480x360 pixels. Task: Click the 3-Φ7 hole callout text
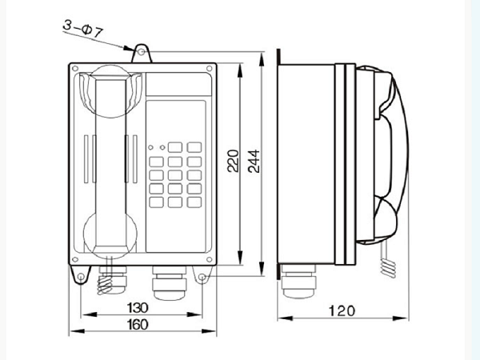coord(82,29)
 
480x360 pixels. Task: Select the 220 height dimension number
coord(233,161)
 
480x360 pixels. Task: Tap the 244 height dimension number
coord(254,162)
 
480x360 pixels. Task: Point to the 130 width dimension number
coord(138,308)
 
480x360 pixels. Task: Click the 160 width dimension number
coord(138,325)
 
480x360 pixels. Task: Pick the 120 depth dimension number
coord(342,310)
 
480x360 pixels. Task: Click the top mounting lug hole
coord(141,52)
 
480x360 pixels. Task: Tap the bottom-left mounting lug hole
coord(81,277)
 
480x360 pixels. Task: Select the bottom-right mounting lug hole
coord(202,278)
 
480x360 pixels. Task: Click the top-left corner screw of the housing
coord(75,68)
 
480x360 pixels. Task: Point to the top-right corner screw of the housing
coord(210,68)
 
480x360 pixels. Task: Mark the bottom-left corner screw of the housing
coord(75,259)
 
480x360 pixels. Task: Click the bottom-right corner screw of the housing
coord(210,259)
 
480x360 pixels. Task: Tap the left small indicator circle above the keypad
coord(150,147)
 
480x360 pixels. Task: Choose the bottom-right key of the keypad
coord(194,202)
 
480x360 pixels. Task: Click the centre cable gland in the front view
coord(169,282)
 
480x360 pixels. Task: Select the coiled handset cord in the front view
coord(105,283)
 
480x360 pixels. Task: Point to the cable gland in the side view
coord(298,281)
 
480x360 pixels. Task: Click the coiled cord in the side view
coord(388,268)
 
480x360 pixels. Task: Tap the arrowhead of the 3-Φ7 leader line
coord(128,48)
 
